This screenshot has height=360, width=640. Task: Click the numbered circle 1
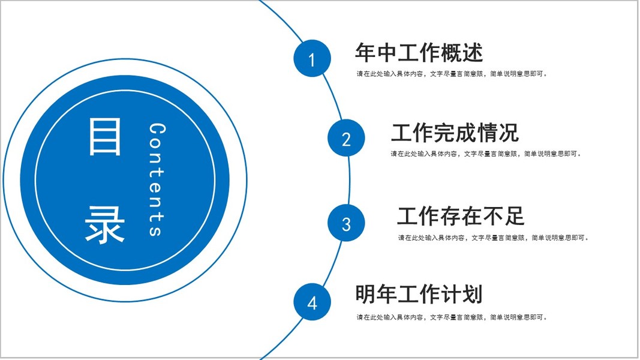click(x=312, y=59)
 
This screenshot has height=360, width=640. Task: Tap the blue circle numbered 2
click(x=346, y=139)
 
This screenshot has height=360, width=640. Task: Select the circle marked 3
click(x=346, y=223)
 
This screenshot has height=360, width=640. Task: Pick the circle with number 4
click(x=312, y=302)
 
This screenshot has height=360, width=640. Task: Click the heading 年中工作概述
click(x=419, y=53)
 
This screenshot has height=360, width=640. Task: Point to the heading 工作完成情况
click(x=455, y=133)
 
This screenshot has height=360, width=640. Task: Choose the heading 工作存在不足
click(x=461, y=215)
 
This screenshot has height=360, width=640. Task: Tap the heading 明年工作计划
click(x=419, y=295)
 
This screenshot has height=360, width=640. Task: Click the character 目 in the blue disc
click(x=105, y=137)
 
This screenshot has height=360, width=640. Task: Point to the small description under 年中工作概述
click(x=452, y=74)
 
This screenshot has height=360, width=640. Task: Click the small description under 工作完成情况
click(x=486, y=154)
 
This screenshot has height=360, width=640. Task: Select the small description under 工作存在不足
click(x=494, y=238)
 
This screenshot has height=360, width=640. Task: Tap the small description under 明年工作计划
click(x=452, y=317)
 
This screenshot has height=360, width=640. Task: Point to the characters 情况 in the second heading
click(x=497, y=133)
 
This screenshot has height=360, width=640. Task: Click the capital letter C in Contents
click(x=157, y=129)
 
